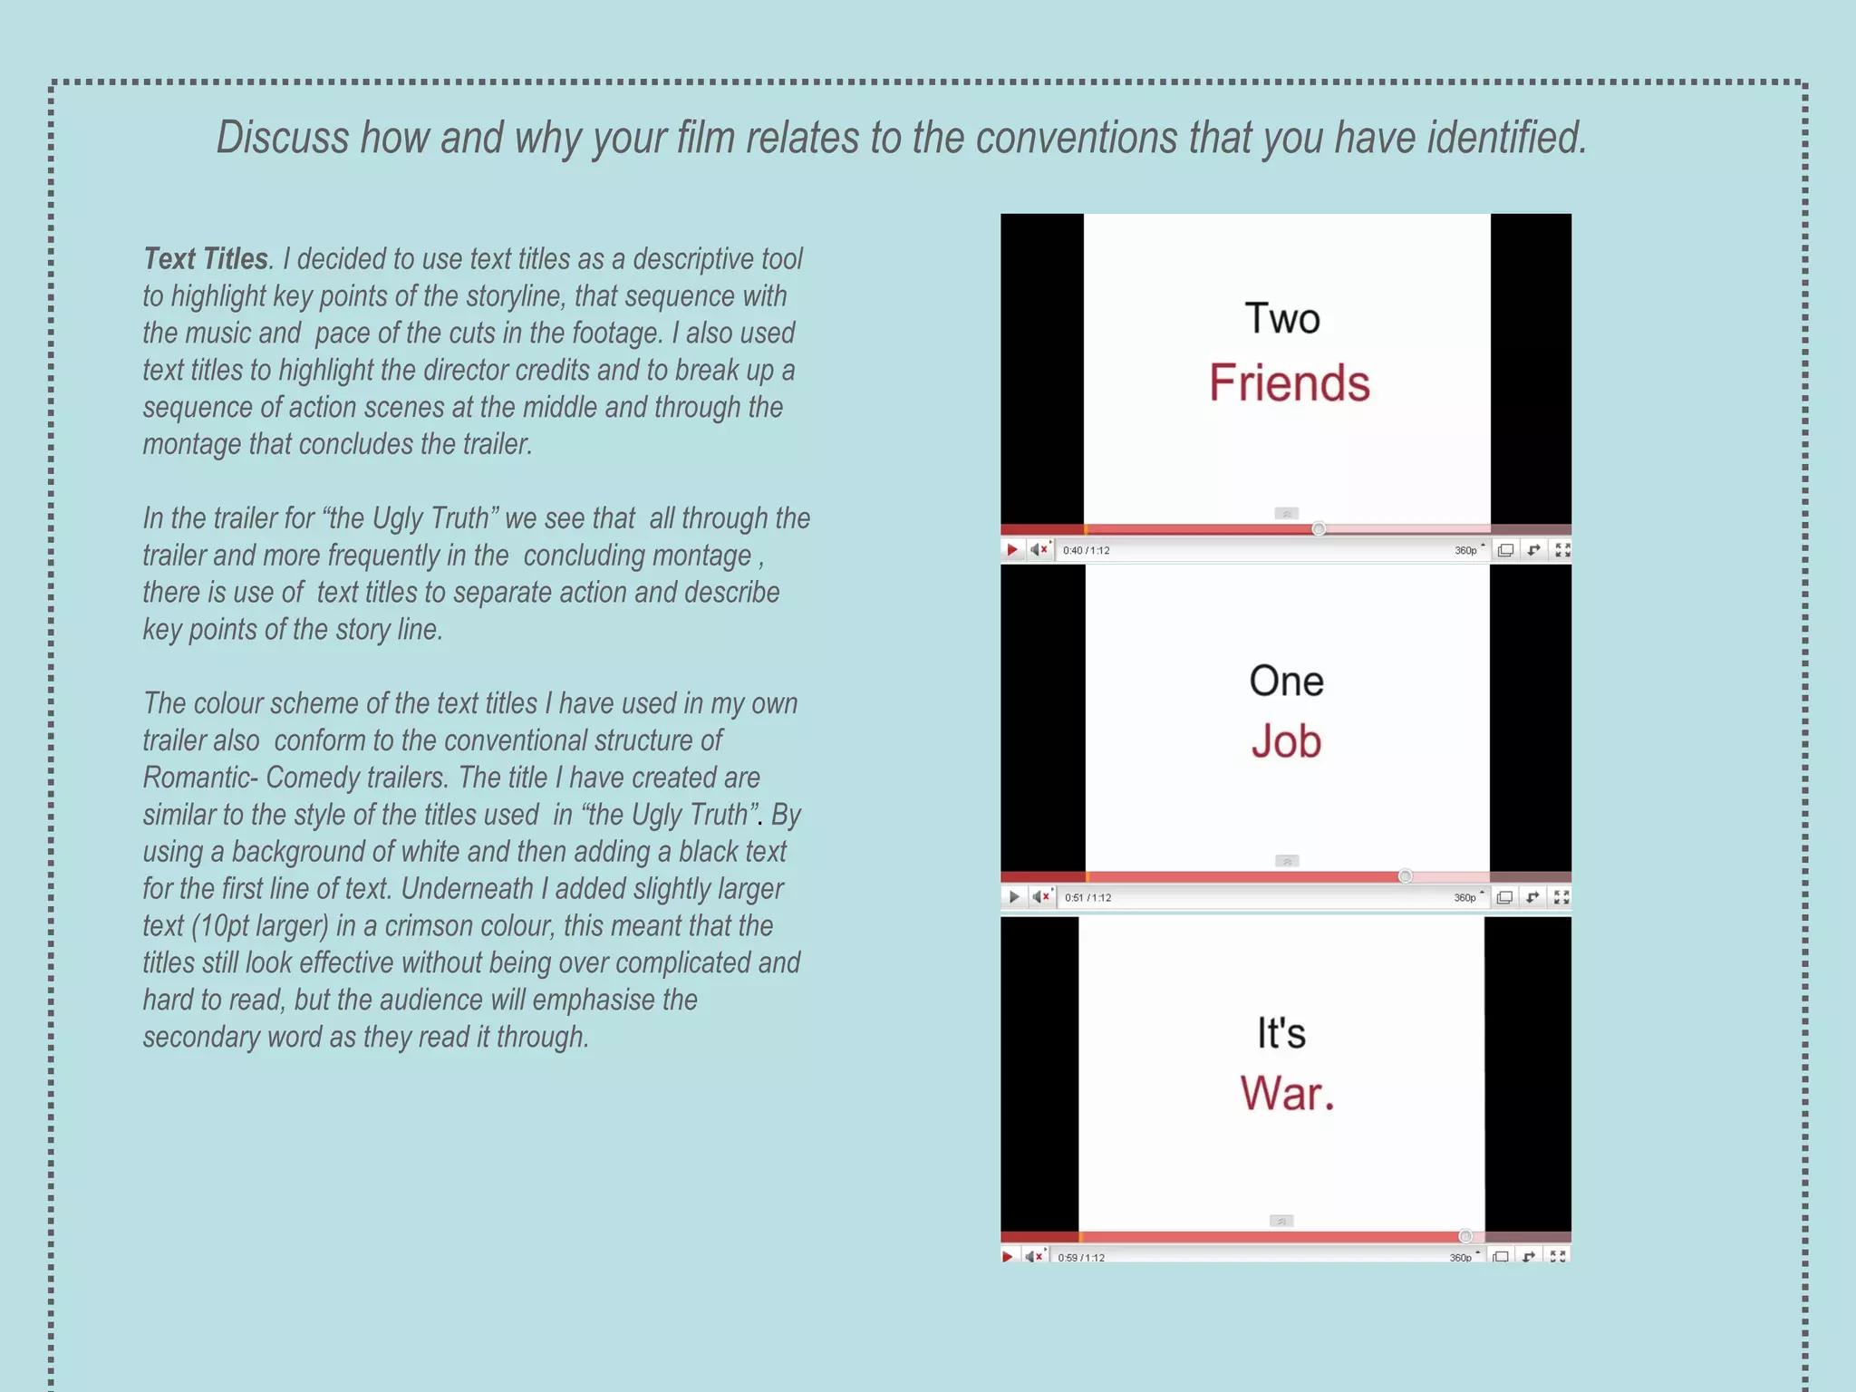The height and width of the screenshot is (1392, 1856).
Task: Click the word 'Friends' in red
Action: click(1289, 383)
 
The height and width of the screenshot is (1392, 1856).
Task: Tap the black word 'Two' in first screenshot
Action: click(1281, 319)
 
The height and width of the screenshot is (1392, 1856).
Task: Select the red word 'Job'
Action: click(1286, 741)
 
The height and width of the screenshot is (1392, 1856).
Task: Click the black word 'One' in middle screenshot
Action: click(1286, 681)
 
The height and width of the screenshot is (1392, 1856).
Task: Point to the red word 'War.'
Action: click(1287, 1093)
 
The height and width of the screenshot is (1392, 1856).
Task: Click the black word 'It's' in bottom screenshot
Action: click(1281, 1033)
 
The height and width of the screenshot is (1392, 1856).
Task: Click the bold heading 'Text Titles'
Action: click(206, 259)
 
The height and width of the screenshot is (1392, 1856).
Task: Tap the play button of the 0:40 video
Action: click(1012, 550)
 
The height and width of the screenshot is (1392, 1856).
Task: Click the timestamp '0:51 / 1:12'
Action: click(1087, 898)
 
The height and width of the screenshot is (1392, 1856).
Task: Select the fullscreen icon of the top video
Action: click(1562, 550)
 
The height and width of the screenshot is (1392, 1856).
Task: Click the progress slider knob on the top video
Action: click(1319, 528)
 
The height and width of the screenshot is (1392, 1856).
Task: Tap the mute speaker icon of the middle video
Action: click(1040, 897)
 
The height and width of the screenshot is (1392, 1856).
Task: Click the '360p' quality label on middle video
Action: click(1464, 898)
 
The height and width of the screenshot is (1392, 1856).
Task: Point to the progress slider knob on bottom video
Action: click(1464, 1236)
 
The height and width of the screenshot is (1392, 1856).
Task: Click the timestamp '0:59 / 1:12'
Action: click(1081, 1258)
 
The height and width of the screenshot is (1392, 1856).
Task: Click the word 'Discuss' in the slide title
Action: click(282, 139)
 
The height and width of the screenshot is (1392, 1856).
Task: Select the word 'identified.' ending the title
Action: click(1507, 139)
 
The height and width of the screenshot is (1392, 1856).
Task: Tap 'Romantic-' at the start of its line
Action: click(199, 778)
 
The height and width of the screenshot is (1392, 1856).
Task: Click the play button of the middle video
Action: click(1013, 897)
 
